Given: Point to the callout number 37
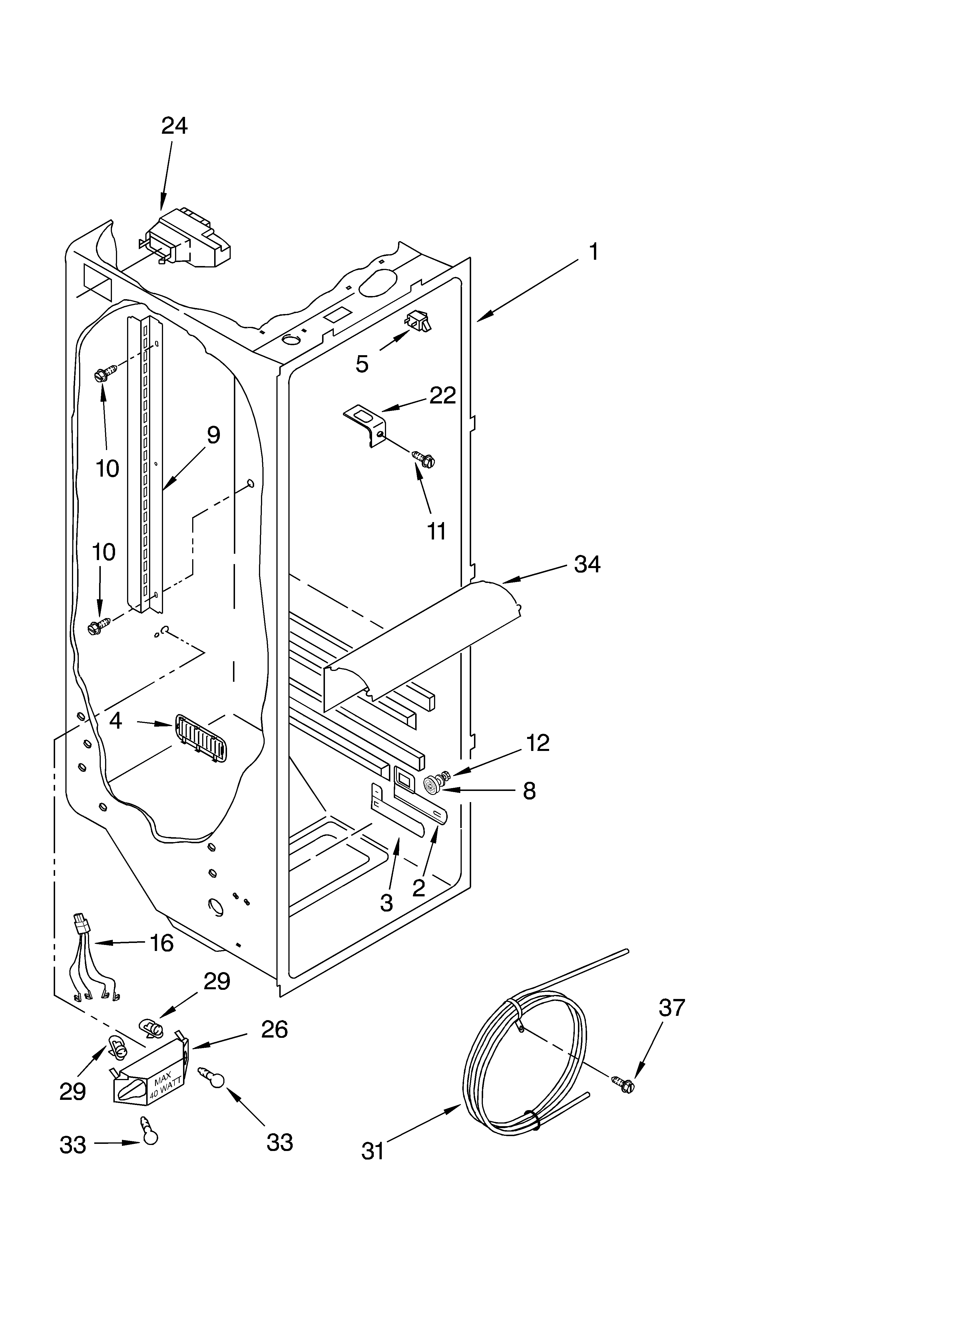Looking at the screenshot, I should tap(672, 1007).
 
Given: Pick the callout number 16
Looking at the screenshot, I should tap(161, 943).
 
